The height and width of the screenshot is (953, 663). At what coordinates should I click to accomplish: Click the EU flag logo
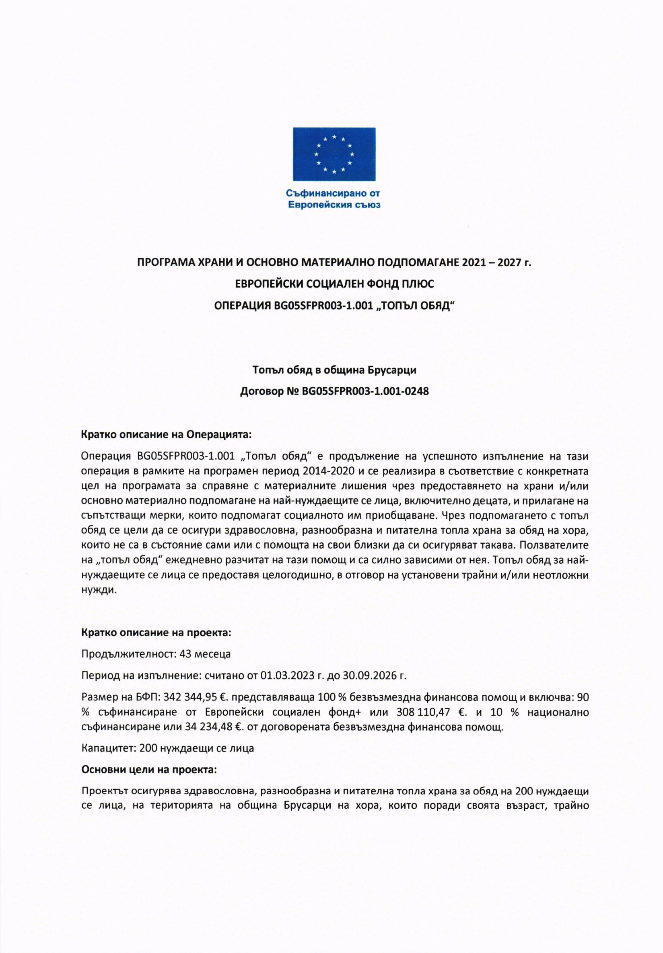(x=334, y=154)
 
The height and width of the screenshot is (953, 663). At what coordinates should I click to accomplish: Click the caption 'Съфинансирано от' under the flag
(x=334, y=193)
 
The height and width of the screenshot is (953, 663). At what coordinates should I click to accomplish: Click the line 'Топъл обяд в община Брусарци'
(x=334, y=370)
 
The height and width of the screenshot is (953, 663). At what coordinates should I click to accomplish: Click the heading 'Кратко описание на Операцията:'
(x=167, y=435)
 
